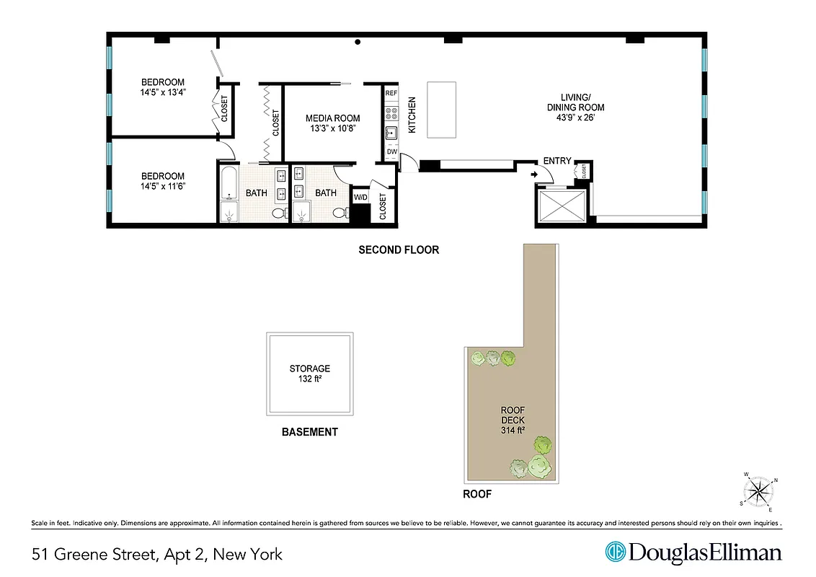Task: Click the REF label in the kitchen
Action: pyautogui.click(x=391, y=94)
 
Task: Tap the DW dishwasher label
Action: pyautogui.click(x=391, y=151)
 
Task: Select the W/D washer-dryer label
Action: pyautogui.click(x=360, y=196)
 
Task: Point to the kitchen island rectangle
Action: pyautogui.click(x=442, y=110)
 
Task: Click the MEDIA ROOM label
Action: pyautogui.click(x=332, y=118)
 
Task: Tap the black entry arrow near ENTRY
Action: pyautogui.click(x=534, y=174)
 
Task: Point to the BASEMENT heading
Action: pyautogui.click(x=309, y=432)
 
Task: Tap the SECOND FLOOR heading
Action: pyautogui.click(x=399, y=250)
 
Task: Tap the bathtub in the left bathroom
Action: pyautogui.click(x=229, y=183)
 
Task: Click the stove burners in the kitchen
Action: pyautogui.click(x=391, y=113)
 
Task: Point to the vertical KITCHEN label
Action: pyautogui.click(x=412, y=115)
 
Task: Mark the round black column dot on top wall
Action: pyautogui.click(x=357, y=43)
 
